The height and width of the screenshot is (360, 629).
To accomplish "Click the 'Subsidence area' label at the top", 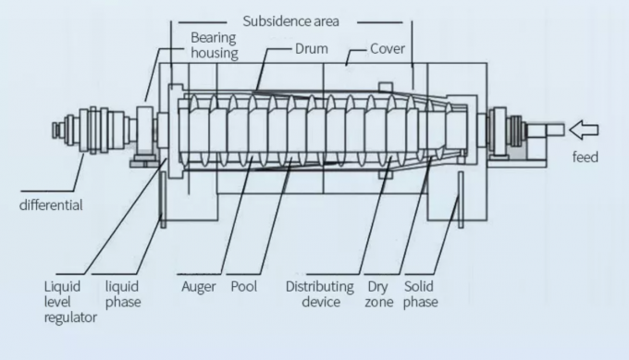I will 290,19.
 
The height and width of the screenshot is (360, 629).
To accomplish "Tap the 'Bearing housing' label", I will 215,45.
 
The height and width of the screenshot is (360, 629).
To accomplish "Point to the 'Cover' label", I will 388,48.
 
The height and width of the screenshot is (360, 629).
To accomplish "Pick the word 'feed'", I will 586,157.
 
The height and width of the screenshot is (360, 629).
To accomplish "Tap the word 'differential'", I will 51,205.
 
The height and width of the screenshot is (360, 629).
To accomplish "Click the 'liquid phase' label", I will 123,294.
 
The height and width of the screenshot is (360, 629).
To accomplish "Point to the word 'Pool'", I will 244,287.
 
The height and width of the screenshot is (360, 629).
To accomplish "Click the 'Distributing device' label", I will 318,294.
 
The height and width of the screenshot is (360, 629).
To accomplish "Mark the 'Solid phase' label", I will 421,294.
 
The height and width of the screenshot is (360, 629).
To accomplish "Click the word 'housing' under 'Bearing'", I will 215,53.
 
